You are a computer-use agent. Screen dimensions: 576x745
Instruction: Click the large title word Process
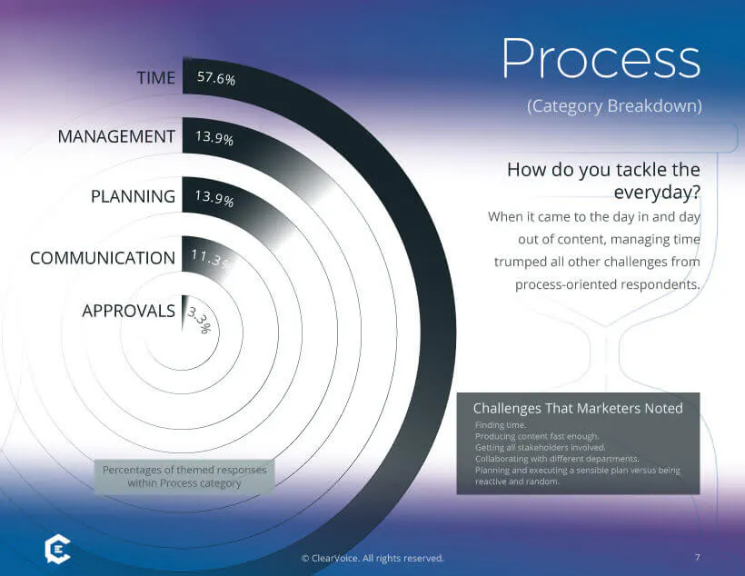click(x=601, y=60)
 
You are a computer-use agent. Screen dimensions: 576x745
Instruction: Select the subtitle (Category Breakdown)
click(x=614, y=106)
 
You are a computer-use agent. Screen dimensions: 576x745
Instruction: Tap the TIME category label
click(x=155, y=78)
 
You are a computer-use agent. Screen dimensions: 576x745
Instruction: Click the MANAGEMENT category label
click(x=116, y=136)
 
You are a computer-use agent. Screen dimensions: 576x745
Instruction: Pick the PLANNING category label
click(x=133, y=196)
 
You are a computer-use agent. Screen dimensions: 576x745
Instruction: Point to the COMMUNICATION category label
click(x=103, y=258)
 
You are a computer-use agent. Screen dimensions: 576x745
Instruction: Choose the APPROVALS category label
click(x=128, y=311)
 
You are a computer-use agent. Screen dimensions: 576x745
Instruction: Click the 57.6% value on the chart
click(x=215, y=79)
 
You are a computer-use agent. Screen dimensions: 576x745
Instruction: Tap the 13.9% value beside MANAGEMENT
click(x=214, y=139)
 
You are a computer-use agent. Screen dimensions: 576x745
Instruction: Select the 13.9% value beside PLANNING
click(x=214, y=199)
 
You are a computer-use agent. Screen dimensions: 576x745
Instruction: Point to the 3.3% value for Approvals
click(x=199, y=320)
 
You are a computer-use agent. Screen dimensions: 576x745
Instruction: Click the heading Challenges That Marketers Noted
click(x=578, y=408)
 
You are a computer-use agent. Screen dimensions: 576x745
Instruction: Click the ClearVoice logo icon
click(x=57, y=551)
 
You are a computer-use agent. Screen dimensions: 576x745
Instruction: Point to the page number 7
click(x=697, y=557)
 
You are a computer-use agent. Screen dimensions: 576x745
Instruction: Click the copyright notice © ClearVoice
click(x=372, y=558)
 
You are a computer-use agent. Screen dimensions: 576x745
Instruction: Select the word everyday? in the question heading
click(x=657, y=192)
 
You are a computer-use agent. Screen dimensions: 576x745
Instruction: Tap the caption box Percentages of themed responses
click(x=184, y=477)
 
